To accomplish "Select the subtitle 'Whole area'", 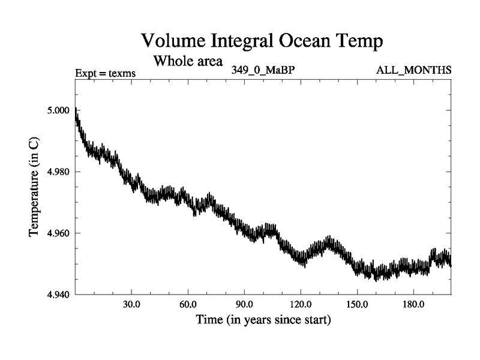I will tap(188, 61).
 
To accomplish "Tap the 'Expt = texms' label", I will tap(106, 73).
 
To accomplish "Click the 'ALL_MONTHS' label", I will tap(413, 70).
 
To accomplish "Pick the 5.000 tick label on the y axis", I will tap(58, 110).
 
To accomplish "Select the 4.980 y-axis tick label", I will tap(58, 172).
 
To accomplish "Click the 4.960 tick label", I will tap(58, 233).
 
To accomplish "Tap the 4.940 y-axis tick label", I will tap(58, 294).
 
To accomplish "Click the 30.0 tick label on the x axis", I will tap(131, 304).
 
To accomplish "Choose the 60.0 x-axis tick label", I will tap(188, 304).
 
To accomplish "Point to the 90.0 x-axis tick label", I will tap(244, 304).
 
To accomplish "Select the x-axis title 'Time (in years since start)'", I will tap(263, 320).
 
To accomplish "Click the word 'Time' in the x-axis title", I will tap(208, 320).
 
